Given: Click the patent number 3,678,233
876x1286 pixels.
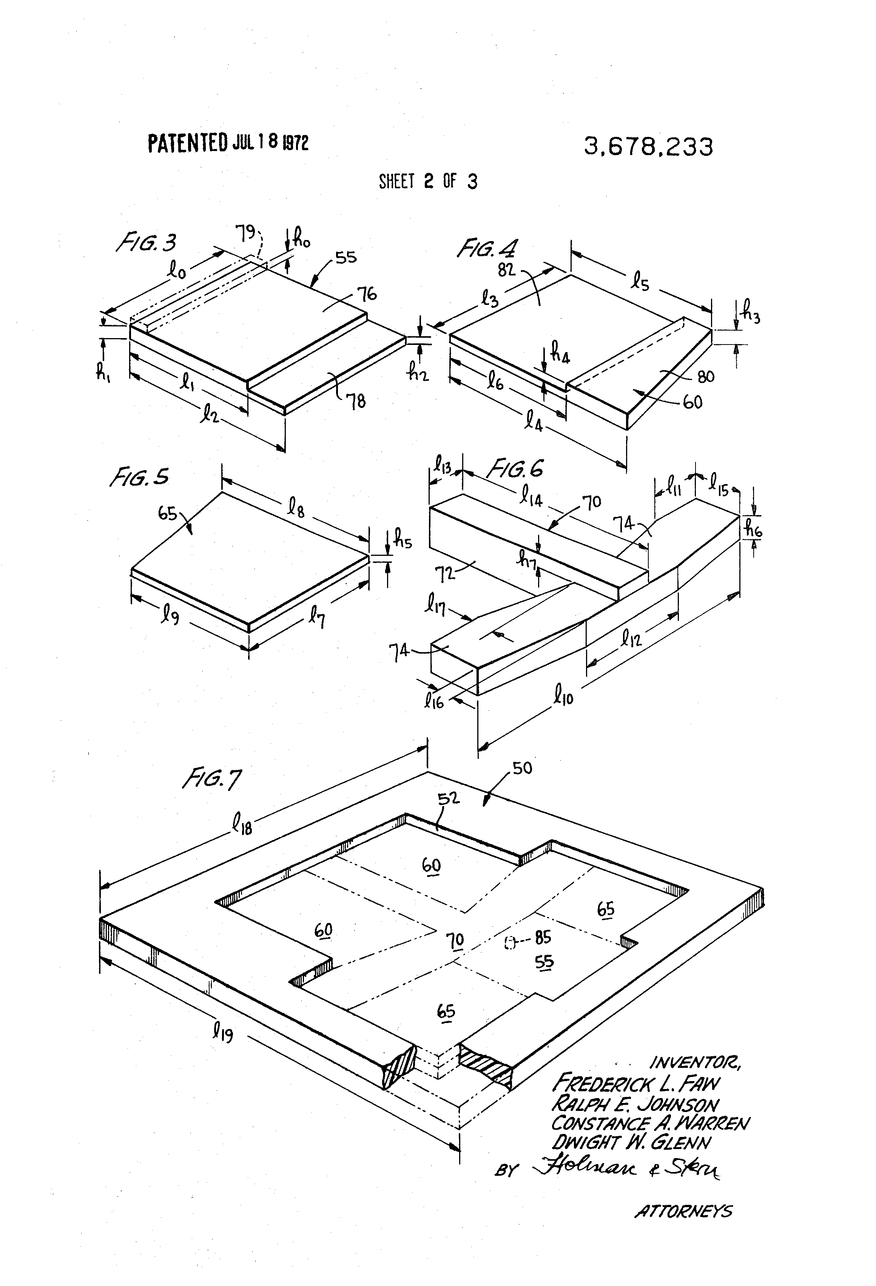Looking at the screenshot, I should point(648,147).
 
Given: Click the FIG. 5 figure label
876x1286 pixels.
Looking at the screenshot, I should point(139,477).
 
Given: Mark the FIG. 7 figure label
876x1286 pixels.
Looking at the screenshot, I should point(212,780).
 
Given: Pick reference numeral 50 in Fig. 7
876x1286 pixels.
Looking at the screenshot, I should point(522,768).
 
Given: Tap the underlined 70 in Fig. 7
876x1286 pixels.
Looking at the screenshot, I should point(455,940).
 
